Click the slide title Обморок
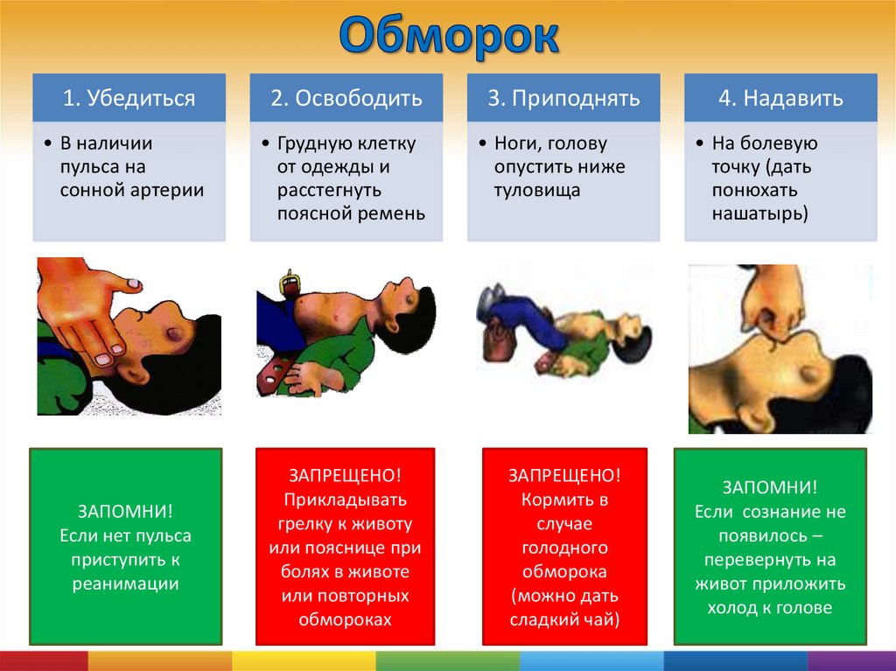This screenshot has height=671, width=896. click(449, 36)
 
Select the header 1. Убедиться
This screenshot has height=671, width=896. click(129, 98)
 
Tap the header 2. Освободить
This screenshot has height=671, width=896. click(346, 98)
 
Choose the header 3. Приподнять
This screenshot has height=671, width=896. click(563, 98)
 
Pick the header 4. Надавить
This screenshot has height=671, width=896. click(780, 98)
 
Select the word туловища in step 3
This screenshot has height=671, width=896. click(537, 191)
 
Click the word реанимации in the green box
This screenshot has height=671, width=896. click(126, 584)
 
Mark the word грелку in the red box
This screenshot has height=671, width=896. click(305, 524)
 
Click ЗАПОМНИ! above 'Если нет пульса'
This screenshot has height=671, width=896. click(126, 511)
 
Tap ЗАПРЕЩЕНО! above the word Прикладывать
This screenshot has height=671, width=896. click(345, 476)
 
